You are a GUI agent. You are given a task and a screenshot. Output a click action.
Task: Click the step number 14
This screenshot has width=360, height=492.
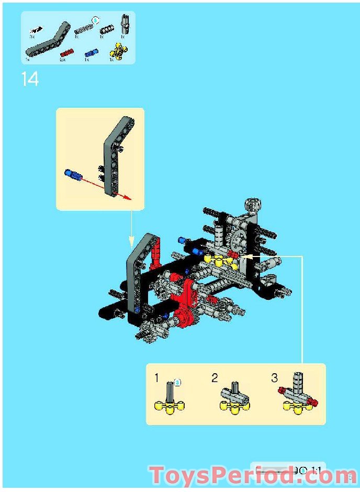tap(30, 80)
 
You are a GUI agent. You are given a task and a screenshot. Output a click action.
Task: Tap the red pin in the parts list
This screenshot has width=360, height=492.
tap(66, 53)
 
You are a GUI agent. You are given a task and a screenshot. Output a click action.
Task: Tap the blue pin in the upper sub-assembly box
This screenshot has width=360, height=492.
tap(71, 174)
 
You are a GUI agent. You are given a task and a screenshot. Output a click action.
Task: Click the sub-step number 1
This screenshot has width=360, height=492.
tap(157, 378)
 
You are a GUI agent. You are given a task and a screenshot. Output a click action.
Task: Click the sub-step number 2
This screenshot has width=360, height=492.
tap(215, 378)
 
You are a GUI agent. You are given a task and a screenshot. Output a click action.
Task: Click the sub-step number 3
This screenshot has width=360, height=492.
tap(274, 378)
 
